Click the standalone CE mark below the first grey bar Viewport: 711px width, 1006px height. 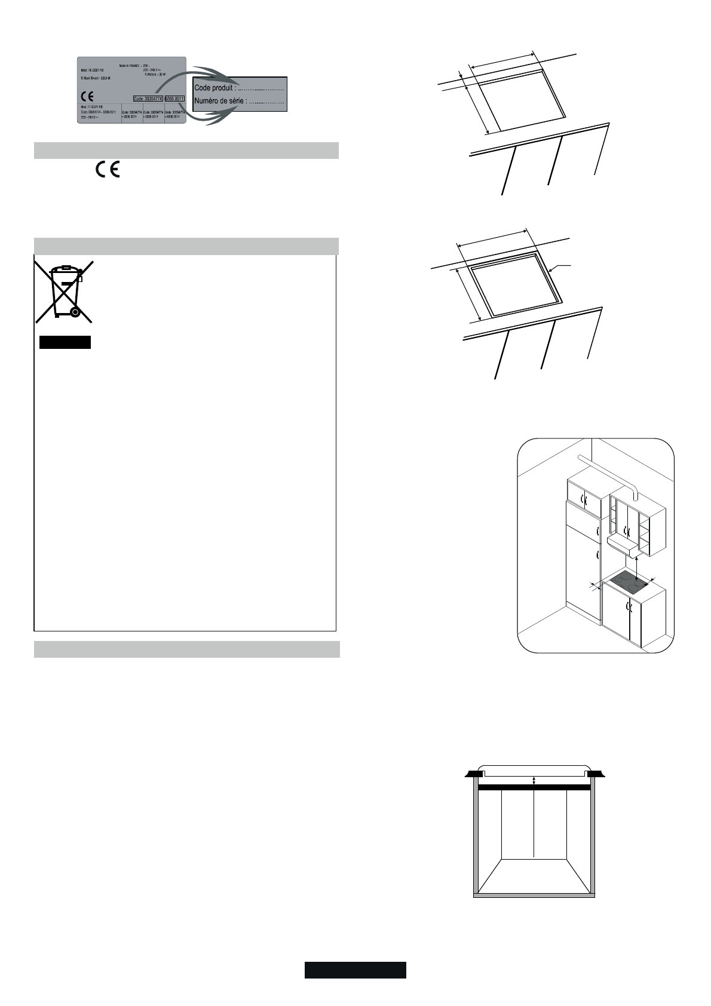click(x=107, y=170)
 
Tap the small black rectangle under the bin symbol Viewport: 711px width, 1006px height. click(x=65, y=342)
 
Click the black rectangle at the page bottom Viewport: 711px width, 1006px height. click(x=355, y=970)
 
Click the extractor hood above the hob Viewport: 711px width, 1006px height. click(x=625, y=543)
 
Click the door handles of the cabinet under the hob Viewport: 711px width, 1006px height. click(x=627, y=606)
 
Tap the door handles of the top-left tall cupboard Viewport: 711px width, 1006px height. click(x=585, y=499)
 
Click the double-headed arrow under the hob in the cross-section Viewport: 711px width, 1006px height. click(x=535, y=780)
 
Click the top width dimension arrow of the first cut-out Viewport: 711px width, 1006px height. click(x=504, y=59)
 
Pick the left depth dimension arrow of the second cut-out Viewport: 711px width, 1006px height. click(x=468, y=295)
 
